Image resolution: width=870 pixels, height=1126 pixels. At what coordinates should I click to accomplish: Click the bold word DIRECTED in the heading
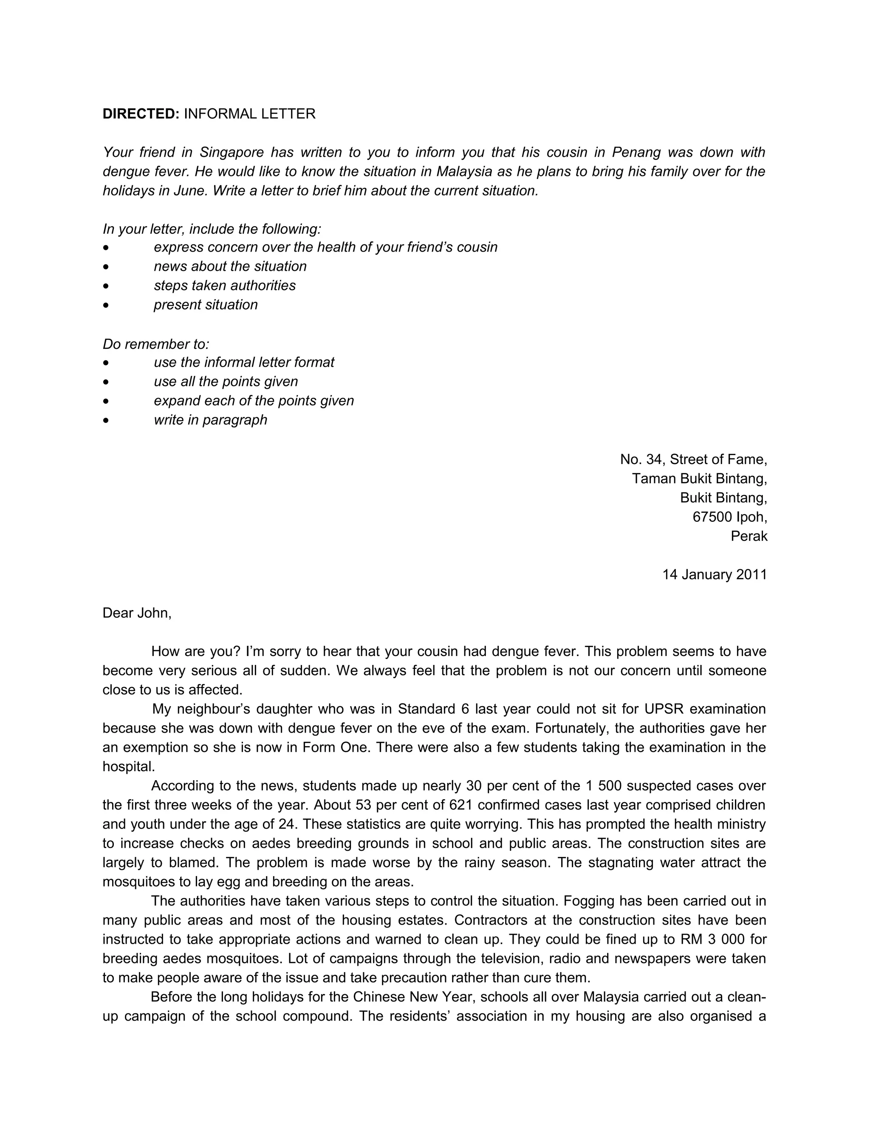click(x=140, y=114)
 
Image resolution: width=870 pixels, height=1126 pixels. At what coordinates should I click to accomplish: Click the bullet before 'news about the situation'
click(x=106, y=266)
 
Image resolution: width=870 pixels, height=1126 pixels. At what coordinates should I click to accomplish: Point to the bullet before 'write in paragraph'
click(x=106, y=420)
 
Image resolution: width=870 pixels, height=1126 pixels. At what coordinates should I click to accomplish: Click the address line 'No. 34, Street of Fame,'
click(x=693, y=459)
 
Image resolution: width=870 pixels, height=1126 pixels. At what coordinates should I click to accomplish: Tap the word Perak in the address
click(x=749, y=536)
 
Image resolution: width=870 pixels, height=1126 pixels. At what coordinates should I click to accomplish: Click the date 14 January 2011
click(x=715, y=574)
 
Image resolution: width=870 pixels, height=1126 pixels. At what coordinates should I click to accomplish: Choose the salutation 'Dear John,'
click(x=137, y=613)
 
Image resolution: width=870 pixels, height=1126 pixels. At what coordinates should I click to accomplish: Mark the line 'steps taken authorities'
click(x=225, y=286)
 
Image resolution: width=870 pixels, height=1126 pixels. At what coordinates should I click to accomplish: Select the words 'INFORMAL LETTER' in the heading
click(x=249, y=114)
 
